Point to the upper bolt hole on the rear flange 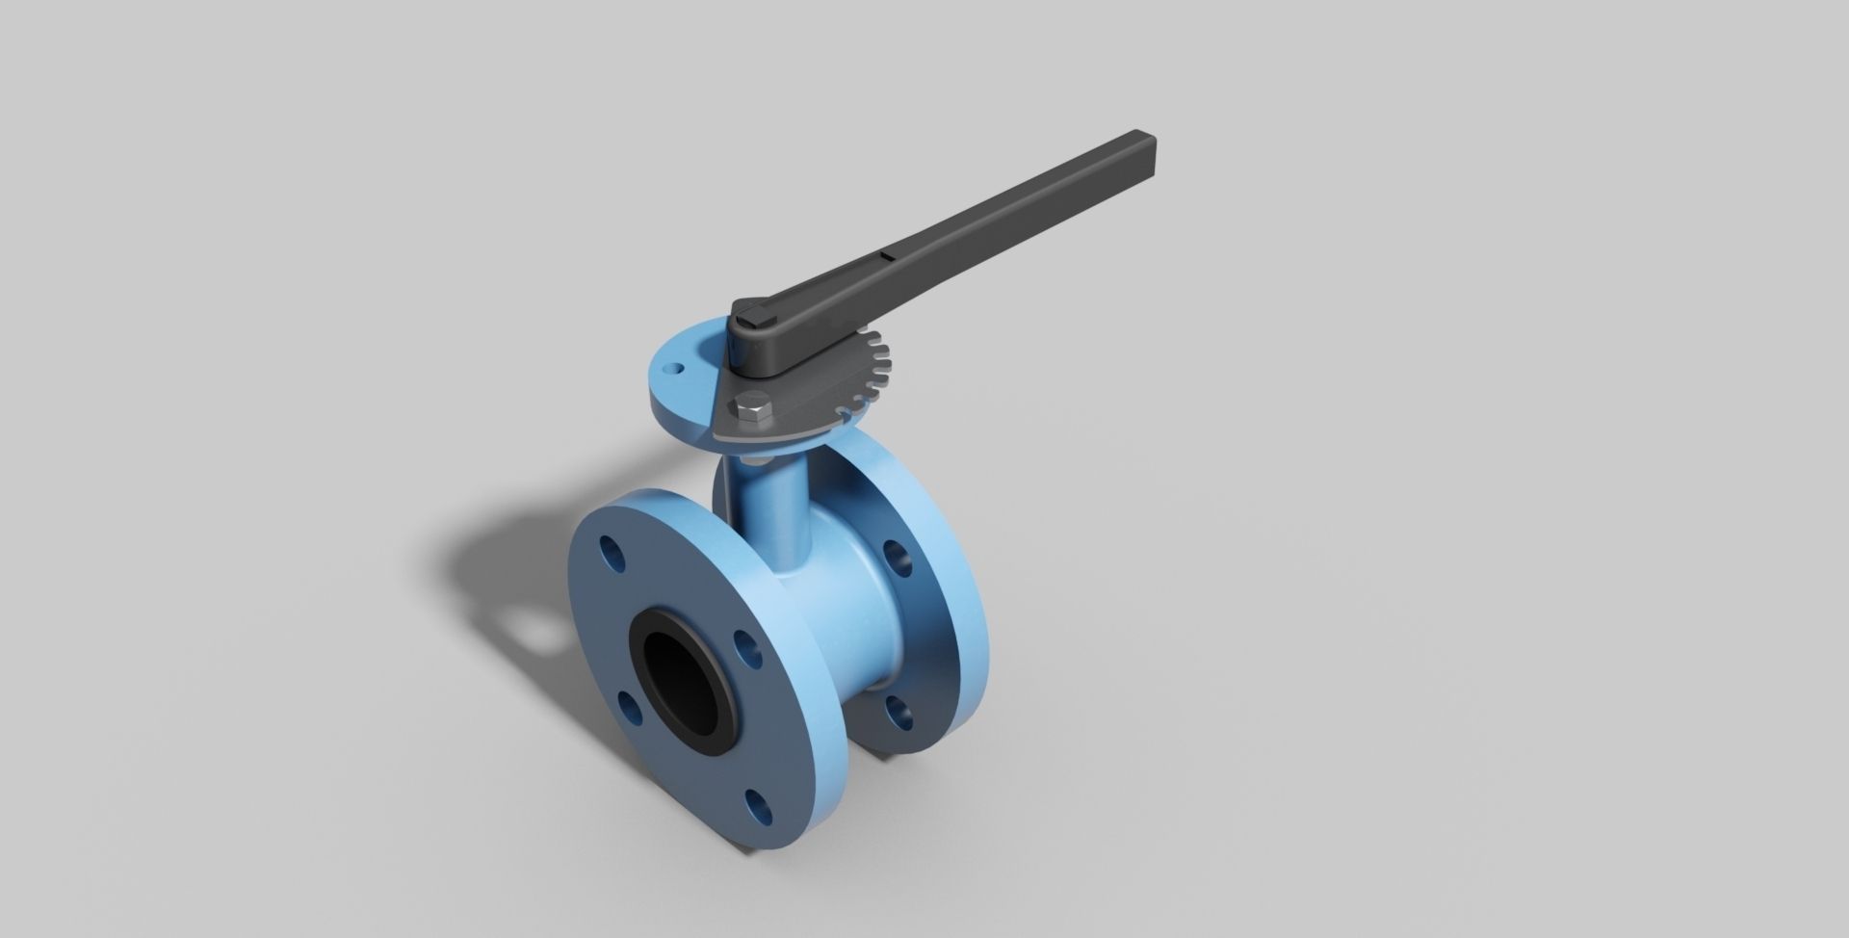pos(898,558)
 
